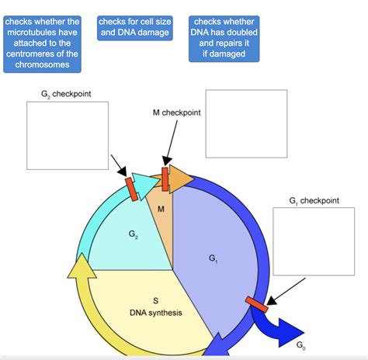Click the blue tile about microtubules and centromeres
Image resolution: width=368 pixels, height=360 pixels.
click(42, 43)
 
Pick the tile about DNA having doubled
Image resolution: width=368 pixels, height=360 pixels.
click(224, 38)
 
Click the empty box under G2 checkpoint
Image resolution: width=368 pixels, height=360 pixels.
click(68, 135)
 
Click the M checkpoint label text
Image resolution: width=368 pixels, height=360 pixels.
click(176, 112)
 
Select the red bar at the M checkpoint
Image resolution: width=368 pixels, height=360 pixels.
click(165, 177)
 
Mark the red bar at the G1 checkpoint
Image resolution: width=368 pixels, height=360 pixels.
click(256, 304)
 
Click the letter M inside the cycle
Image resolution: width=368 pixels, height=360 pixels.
click(161, 209)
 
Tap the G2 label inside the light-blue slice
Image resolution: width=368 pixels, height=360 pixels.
click(134, 233)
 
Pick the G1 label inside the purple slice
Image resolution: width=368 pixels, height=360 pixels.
click(214, 258)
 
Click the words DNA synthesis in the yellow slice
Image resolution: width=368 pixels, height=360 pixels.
click(156, 312)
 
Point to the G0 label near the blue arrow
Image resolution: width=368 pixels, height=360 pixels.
click(301, 342)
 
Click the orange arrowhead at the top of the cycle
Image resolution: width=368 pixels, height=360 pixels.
click(184, 178)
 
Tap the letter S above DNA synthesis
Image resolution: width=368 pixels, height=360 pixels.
click(155, 300)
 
